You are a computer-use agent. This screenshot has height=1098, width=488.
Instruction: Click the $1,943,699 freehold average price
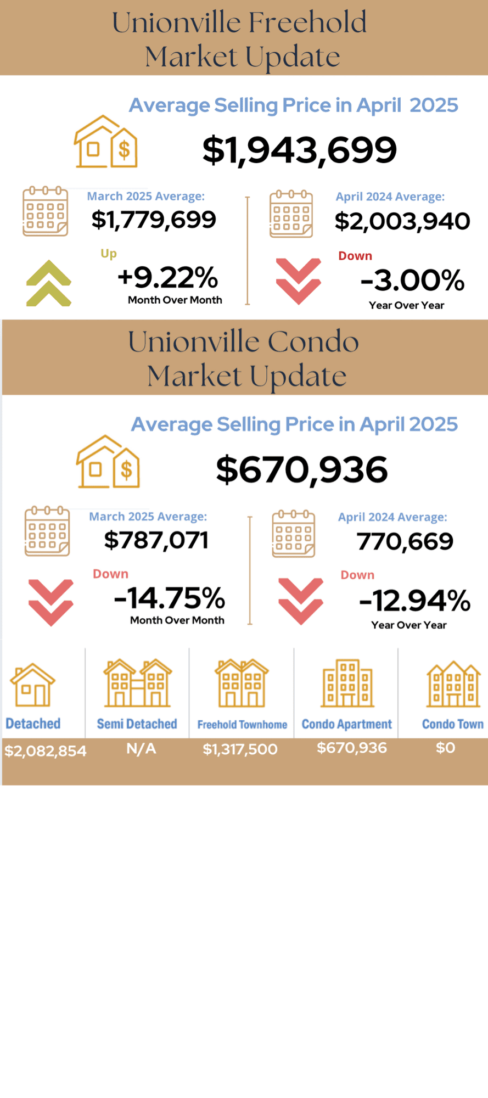tap(299, 150)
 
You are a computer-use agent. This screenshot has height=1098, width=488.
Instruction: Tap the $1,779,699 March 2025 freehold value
tap(154, 220)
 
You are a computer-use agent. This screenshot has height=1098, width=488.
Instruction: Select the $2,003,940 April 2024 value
tap(402, 221)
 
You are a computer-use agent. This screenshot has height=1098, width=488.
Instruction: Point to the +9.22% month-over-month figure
tap(167, 277)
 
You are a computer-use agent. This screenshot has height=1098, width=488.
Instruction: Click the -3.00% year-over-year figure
tap(412, 280)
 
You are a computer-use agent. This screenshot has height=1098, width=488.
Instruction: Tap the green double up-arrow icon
tap(49, 283)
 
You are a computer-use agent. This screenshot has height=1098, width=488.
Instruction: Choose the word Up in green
tap(109, 253)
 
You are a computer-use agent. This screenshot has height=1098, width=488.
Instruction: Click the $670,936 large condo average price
tap(301, 470)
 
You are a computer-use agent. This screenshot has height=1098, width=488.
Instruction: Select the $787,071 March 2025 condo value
tap(156, 540)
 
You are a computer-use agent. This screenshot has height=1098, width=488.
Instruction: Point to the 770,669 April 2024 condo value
tap(405, 542)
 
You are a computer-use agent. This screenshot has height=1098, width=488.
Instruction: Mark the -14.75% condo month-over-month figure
tap(169, 598)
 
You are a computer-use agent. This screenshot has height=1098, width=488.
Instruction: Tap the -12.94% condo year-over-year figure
tap(414, 601)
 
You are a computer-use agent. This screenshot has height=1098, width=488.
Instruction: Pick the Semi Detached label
tap(137, 724)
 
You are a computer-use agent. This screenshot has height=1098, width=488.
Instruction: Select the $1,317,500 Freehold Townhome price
tap(240, 749)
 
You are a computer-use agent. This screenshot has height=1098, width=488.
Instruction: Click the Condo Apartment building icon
tap(347, 683)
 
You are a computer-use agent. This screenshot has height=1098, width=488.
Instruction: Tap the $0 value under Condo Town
tap(445, 748)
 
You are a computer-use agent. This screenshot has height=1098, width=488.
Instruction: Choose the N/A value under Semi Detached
tap(141, 749)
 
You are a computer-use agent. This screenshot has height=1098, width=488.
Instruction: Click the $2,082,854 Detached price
tap(46, 751)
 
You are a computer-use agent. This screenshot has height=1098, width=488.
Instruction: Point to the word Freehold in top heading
tap(307, 23)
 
